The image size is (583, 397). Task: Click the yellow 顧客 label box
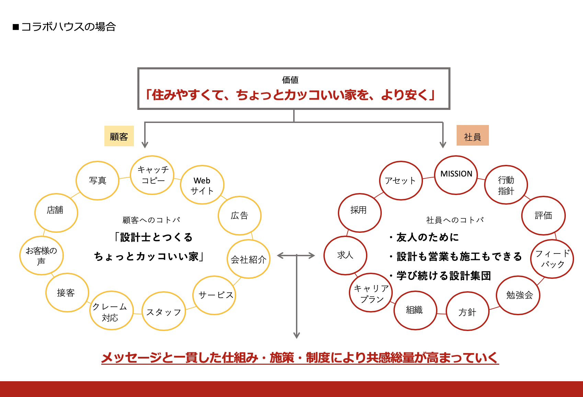point(119,136)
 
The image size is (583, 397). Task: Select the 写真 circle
point(98,180)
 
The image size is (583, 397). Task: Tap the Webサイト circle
point(202,185)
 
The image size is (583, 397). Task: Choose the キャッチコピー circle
point(152,175)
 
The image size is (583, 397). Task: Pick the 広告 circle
point(239,216)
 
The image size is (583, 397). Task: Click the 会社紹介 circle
point(249,259)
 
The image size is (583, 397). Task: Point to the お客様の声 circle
point(42,256)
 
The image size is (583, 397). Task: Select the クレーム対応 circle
point(111,311)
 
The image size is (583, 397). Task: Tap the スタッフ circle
point(164,311)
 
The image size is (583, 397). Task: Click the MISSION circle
point(456,174)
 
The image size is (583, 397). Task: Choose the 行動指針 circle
point(506,185)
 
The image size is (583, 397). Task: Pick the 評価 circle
point(543,216)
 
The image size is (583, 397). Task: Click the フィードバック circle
point(552,259)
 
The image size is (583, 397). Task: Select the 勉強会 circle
point(518,295)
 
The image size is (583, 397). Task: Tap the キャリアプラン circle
point(371,293)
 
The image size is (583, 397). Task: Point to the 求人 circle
point(345,255)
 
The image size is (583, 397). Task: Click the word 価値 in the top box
point(290,80)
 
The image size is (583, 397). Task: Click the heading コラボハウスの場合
point(68,27)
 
